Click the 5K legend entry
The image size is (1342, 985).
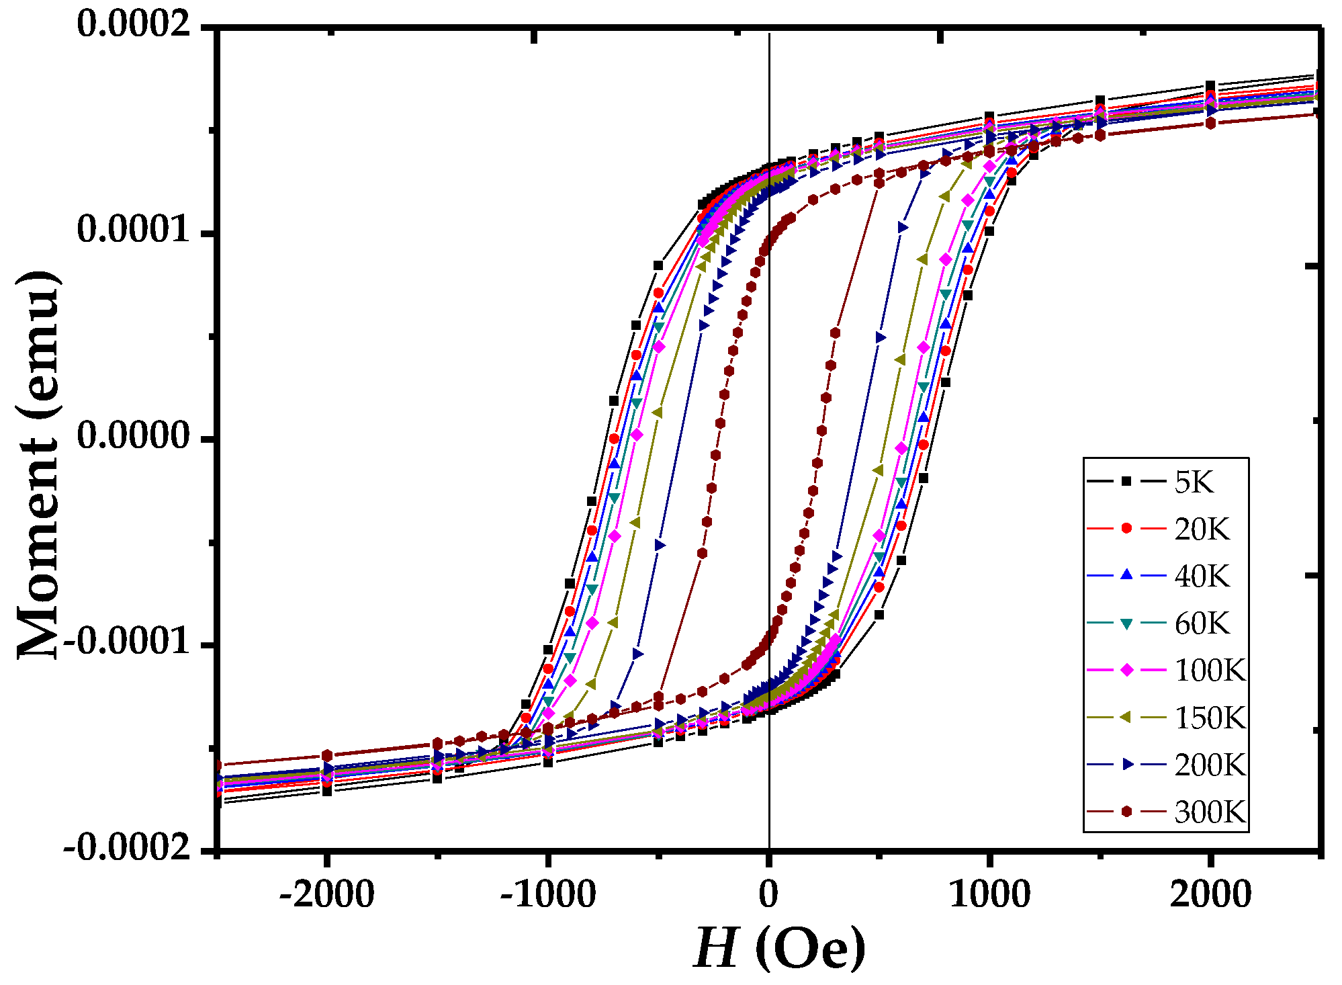(x=1194, y=482)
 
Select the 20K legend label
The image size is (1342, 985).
(x=1201, y=529)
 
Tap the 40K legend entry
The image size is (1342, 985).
(x=1201, y=576)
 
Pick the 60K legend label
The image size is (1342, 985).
(x=1201, y=624)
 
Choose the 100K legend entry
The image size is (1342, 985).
(x=1209, y=671)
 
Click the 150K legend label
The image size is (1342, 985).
(x=1209, y=718)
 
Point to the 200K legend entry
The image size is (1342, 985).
(x=1209, y=765)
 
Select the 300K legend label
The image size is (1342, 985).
(x=1209, y=812)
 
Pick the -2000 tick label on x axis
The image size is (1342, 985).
(x=326, y=895)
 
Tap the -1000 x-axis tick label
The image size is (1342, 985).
(x=547, y=895)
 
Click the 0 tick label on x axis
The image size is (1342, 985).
(x=768, y=895)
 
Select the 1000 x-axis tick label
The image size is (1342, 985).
(x=989, y=895)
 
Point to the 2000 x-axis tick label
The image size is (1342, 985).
(x=1210, y=895)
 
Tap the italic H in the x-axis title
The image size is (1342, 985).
(x=716, y=949)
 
